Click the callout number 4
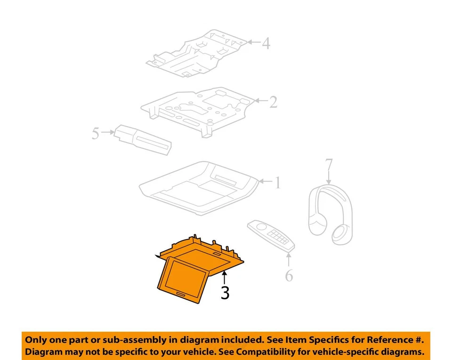pos(266,44)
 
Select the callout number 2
pos(273,102)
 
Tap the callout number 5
pos(96,134)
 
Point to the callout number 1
pos(277,183)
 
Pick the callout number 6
pos(289,275)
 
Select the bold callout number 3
pos(225,293)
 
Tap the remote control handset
pos(271,234)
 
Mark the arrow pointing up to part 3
pos(225,277)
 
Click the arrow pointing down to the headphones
pos(329,179)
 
